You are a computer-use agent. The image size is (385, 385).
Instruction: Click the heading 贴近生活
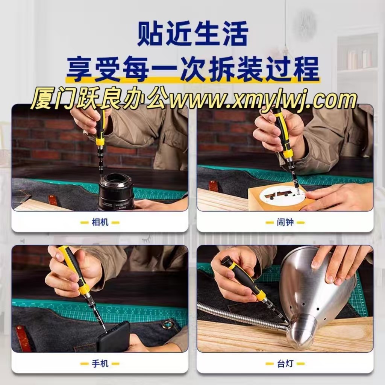click(193, 34)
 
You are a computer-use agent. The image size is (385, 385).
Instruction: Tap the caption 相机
click(100, 222)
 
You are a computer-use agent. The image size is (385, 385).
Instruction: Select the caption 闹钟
click(285, 222)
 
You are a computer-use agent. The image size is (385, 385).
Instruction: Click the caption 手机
click(100, 363)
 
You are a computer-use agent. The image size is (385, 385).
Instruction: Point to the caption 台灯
click(285, 363)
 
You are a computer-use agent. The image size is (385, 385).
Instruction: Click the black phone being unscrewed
click(114, 337)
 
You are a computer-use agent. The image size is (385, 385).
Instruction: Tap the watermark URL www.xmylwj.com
click(263, 100)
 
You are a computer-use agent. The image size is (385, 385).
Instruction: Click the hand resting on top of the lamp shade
click(339, 264)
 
